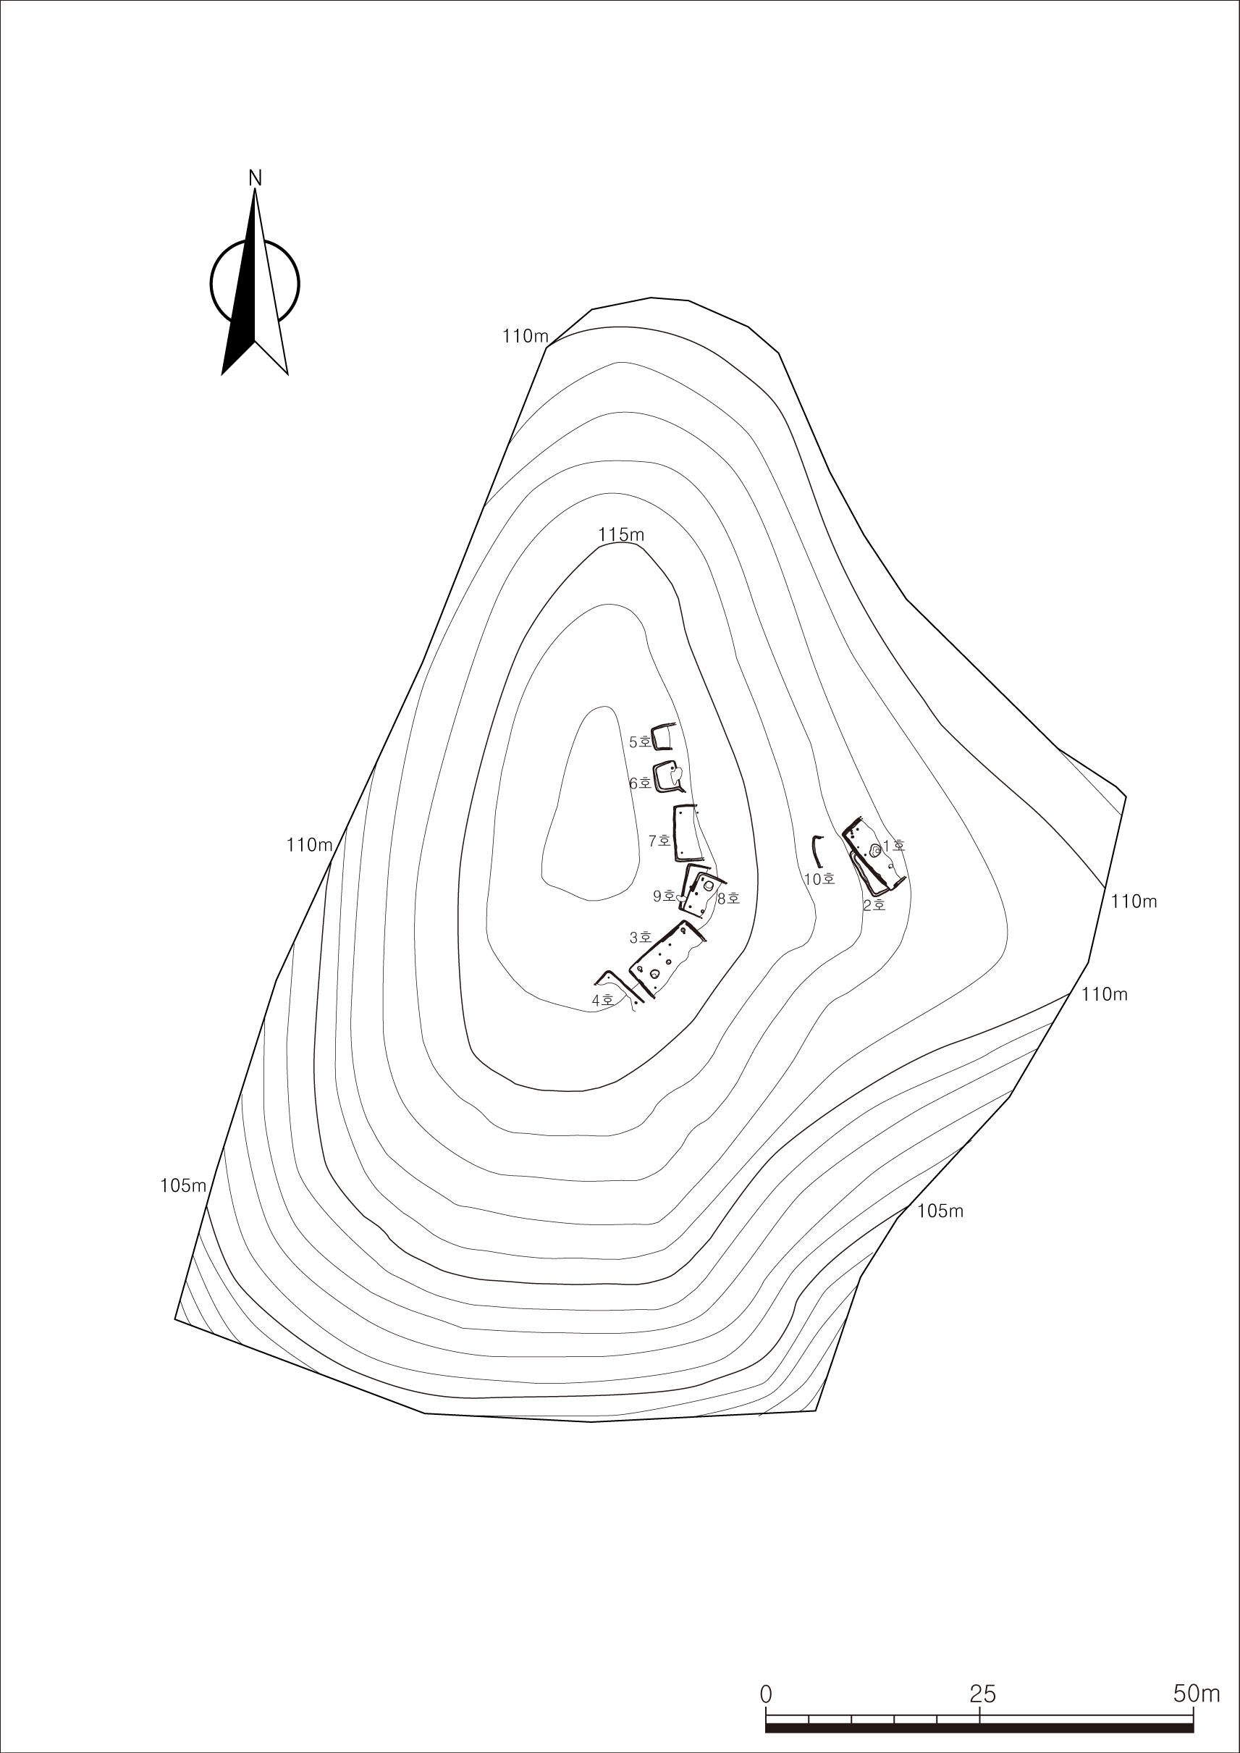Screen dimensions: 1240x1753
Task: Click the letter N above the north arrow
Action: click(255, 178)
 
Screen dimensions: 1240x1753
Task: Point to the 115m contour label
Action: click(621, 534)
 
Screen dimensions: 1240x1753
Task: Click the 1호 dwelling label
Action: click(893, 846)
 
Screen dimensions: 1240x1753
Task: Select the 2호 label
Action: click(874, 906)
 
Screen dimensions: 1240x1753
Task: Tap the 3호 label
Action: click(641, 937)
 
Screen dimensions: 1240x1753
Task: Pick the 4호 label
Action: click(603, 1001)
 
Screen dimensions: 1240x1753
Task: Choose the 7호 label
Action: click(659, 841)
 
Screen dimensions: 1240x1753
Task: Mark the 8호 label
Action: click(728, 899)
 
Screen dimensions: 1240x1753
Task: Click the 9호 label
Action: click(664, 896)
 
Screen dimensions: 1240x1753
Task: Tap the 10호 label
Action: click(819, 879)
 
